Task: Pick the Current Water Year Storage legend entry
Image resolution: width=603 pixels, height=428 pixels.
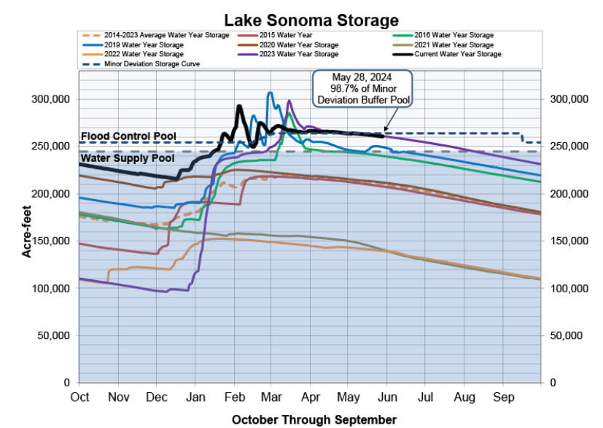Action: pos(457,54)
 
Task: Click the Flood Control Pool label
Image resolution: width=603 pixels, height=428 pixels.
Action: pos(128,136)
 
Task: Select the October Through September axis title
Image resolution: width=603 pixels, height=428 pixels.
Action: pos(314,419)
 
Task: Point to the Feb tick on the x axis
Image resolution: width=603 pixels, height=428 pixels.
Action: pos(234,397)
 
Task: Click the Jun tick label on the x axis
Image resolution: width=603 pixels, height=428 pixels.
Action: pos(387,397)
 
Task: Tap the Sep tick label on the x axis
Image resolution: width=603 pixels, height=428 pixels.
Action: pos(504,397)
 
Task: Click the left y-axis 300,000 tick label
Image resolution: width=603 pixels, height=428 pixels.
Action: pos(50,99)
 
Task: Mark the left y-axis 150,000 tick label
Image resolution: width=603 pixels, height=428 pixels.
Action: pos(50,241)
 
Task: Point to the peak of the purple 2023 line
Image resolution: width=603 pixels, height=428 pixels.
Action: pos(289,101)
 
